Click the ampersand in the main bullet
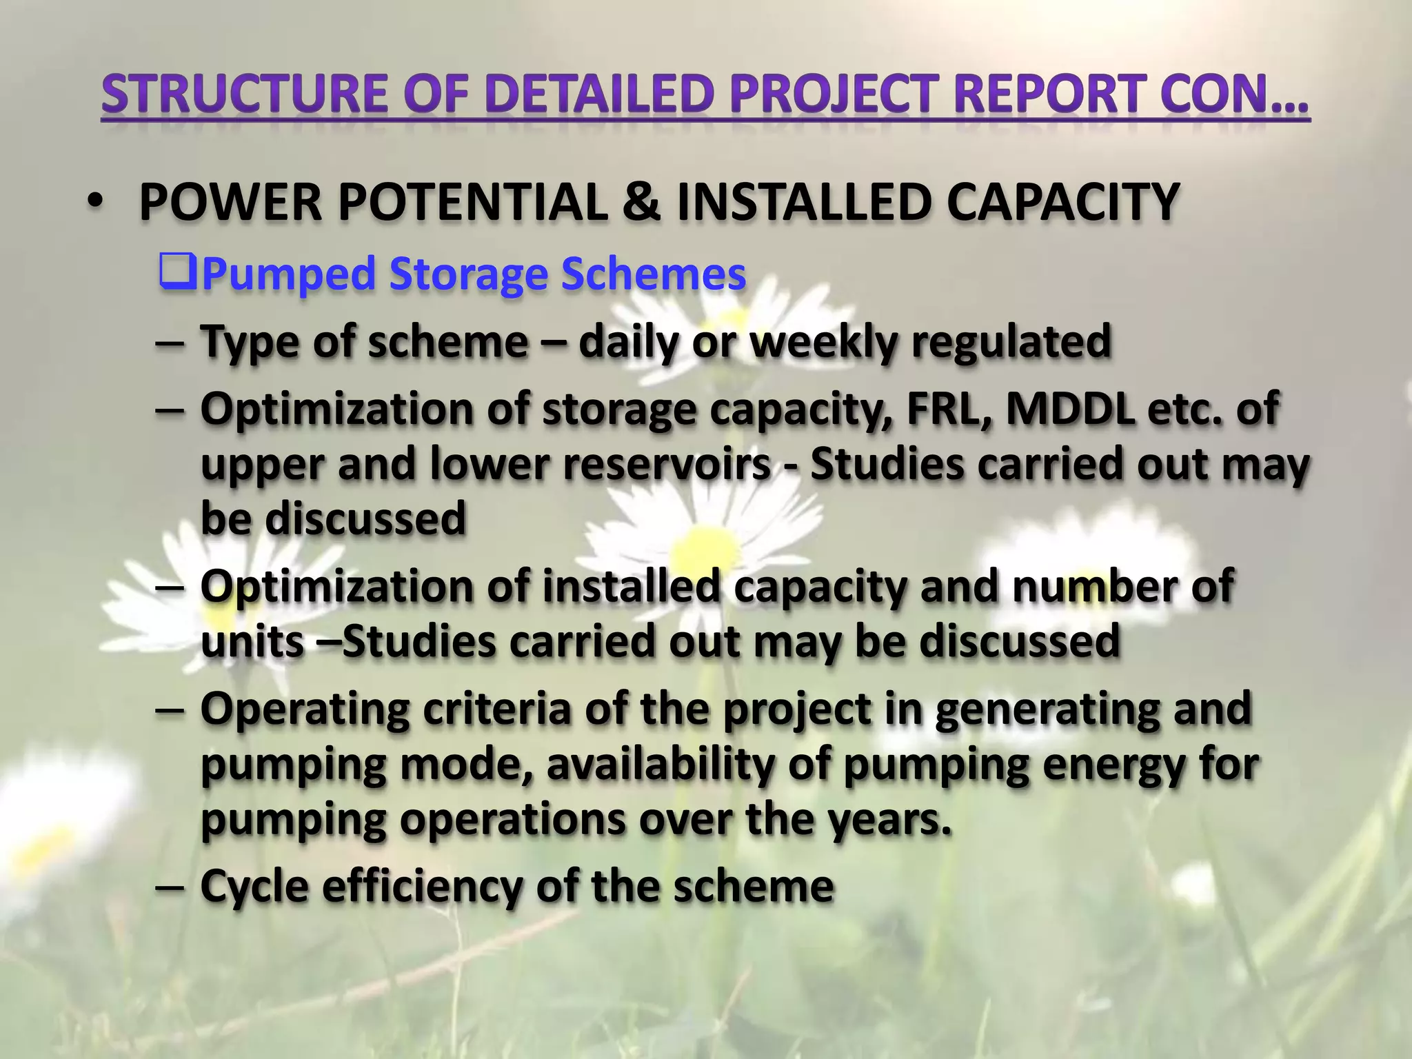(641, 202)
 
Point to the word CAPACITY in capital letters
(1062, 202)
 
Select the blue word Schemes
(653, 274)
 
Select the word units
(252, 641)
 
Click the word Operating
(305, 710)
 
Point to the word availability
(661, 765)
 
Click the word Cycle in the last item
(254, 887)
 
